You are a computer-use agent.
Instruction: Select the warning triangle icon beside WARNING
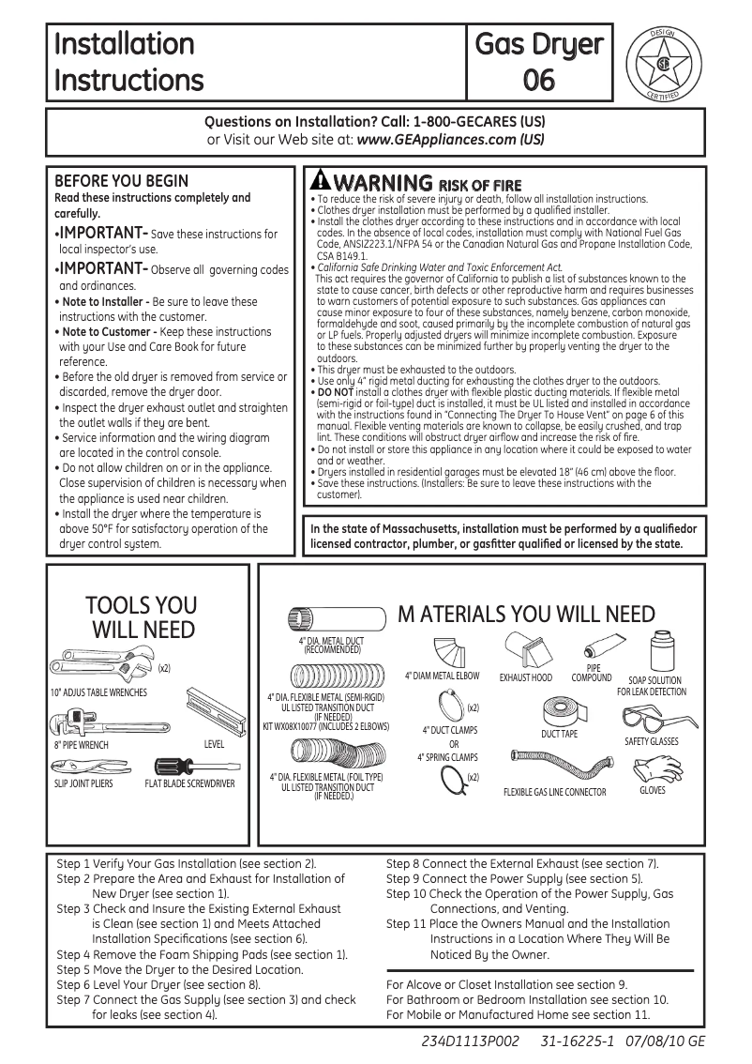321,180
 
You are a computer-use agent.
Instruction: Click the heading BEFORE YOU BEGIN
122,181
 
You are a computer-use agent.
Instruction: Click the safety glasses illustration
649,721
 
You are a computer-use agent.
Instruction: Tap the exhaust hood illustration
526,650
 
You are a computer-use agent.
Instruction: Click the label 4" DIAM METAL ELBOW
442,676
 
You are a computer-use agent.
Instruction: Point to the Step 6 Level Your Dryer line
158,985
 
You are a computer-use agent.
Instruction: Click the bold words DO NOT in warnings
331,390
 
